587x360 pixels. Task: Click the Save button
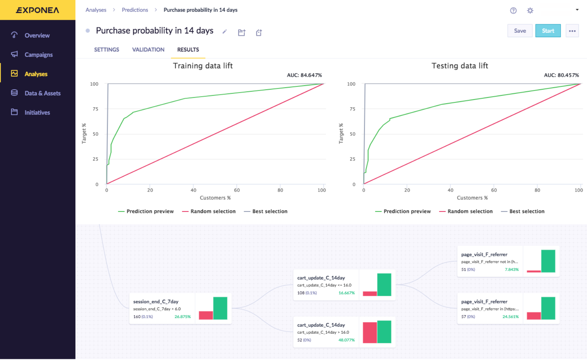click(x=520, y=31)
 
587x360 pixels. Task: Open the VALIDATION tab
click(x=148, y=50)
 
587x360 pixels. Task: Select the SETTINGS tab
click(x=106, y=50)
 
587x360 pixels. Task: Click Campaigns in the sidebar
click(x=38, y=55)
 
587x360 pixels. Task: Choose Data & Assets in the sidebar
click(x=42, y=93)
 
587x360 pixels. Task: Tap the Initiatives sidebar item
click(x=37, y=112)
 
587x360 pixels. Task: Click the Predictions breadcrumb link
click(x=135, y=10)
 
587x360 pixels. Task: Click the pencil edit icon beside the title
click(x=225, y=32)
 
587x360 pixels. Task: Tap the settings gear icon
click(x=530, y=11)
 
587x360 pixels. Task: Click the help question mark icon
click(x=513, y=11)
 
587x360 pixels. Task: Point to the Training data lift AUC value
click(x=304, y=75)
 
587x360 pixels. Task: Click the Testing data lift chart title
click(x=460, y=66)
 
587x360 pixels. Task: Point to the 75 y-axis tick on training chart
click(x=95, y=109)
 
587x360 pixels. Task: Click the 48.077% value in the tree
click(x=346, y=340)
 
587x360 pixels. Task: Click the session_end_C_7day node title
click(x=156, y=302)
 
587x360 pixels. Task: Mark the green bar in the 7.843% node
click(x=548, y=261)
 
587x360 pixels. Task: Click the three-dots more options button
click(x=572, y=31)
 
